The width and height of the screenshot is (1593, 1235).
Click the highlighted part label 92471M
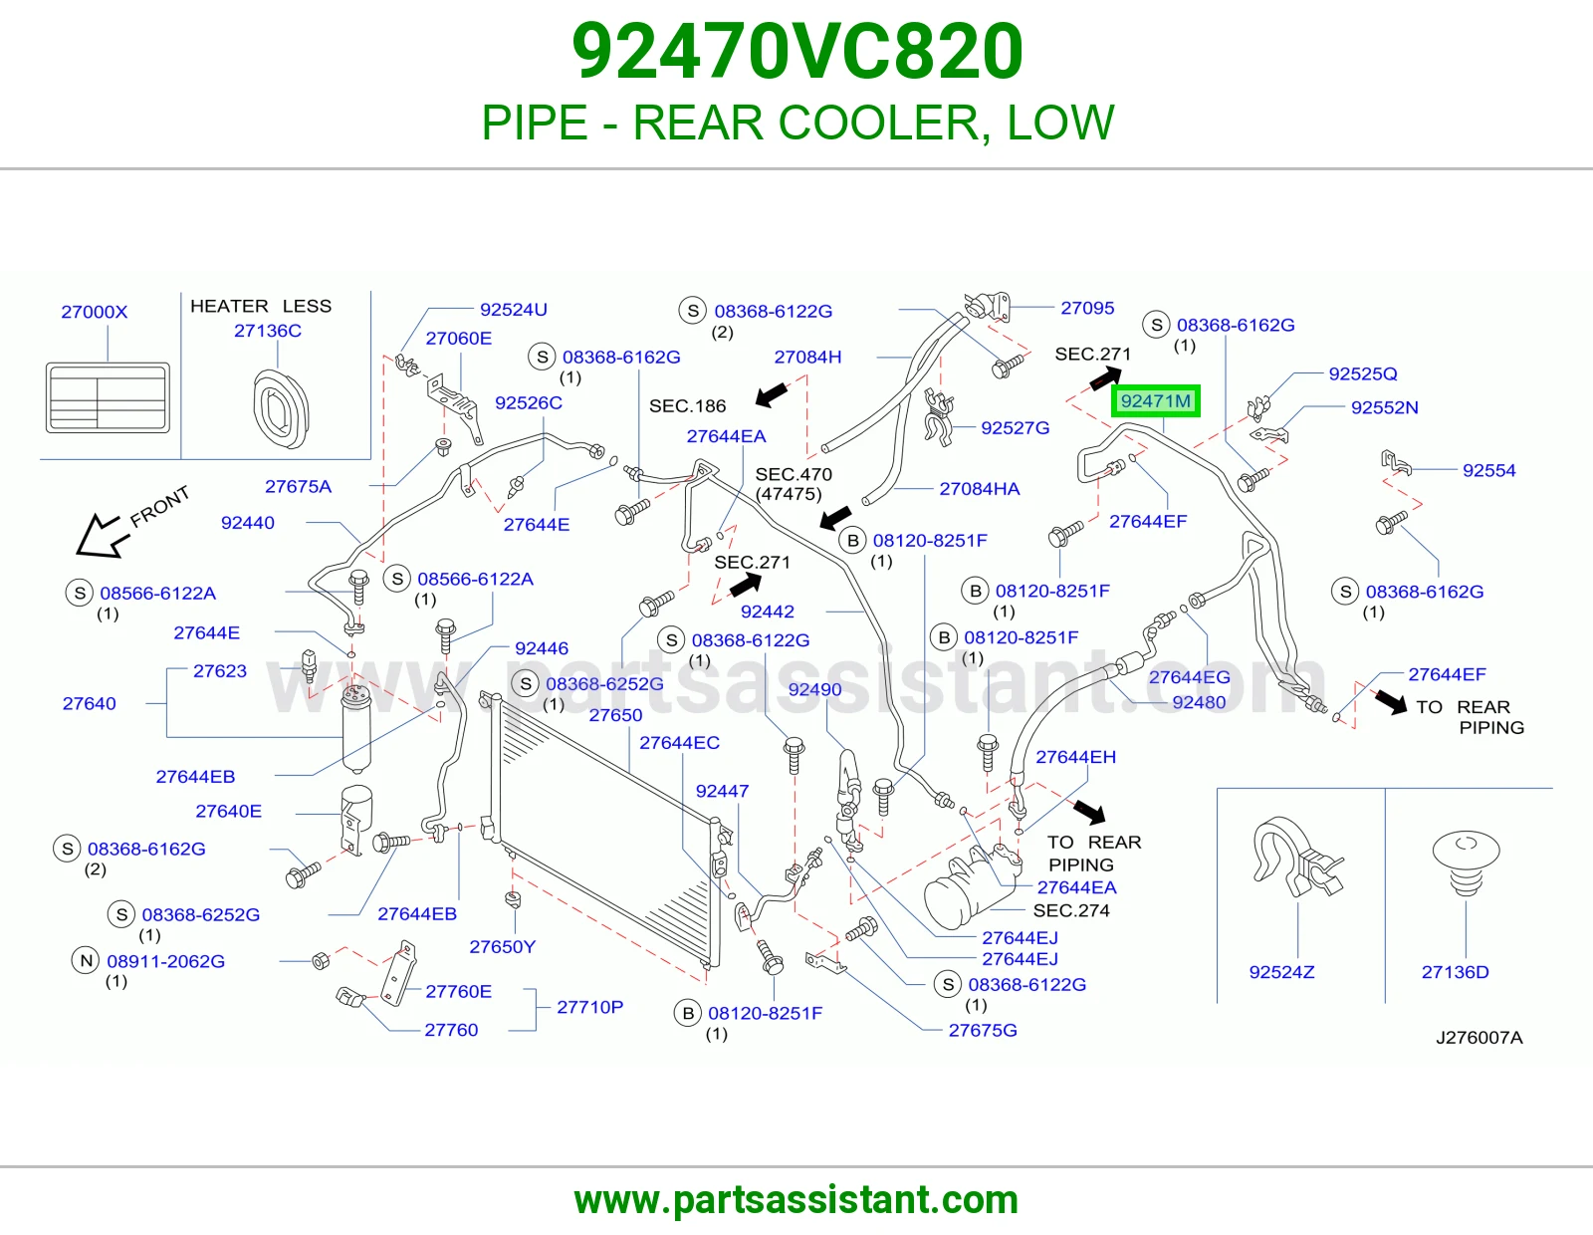1155,401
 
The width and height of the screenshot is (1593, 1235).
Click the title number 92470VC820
796,51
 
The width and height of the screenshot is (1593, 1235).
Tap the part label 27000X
94,312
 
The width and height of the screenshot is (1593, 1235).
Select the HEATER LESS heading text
261,306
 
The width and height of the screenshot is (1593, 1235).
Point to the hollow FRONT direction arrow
102,536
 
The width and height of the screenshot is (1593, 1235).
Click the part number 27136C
268,331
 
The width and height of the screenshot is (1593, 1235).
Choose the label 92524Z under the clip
1281,972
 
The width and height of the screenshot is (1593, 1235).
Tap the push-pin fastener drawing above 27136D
1467,864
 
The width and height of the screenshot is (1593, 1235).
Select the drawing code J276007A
1479,1038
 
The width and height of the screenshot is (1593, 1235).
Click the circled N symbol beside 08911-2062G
86,960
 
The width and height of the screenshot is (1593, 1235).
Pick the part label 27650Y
502,947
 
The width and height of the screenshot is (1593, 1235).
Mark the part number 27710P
590,1007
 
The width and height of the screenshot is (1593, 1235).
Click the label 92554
1488,470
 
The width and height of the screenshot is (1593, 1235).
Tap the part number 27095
1087,308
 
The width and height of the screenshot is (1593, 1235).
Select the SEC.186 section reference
688,405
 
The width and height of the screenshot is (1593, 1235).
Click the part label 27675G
983,1030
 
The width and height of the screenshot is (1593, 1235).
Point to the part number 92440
248,523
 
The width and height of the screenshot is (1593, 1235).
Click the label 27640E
229,811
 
